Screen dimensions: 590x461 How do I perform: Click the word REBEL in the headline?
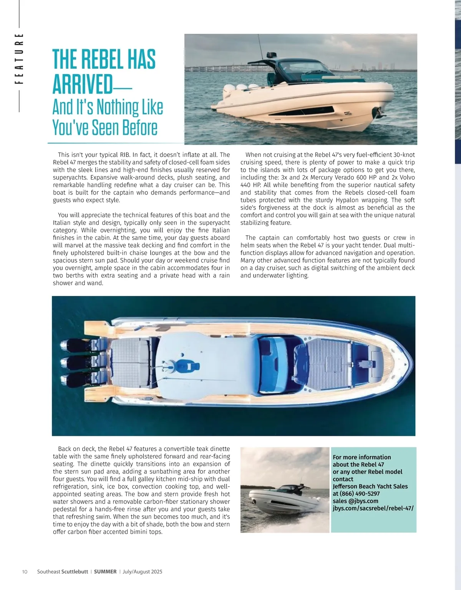104,60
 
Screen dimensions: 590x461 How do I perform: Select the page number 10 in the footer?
25,572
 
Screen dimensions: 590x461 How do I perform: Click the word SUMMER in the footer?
105,572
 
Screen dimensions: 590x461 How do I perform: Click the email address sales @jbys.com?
355,501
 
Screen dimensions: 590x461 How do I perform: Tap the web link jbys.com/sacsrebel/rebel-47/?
373,508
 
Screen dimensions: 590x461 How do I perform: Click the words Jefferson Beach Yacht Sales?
370,486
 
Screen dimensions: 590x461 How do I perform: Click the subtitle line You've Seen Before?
105,128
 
